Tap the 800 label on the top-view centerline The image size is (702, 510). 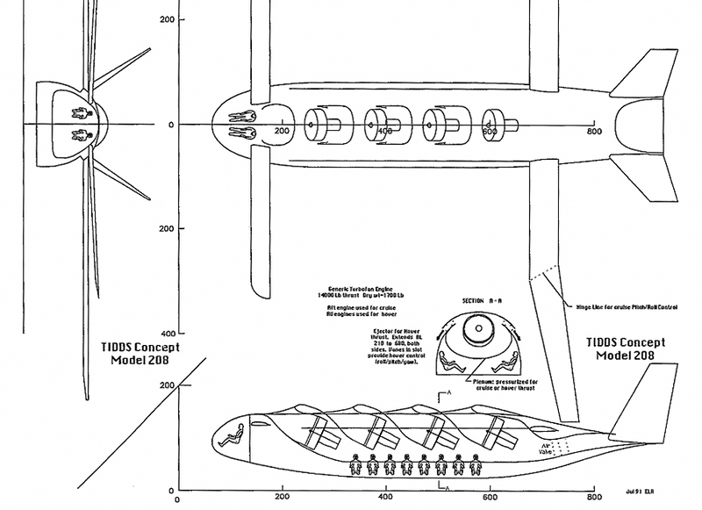[x=594, y=132]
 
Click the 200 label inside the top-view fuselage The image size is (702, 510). [x=282, y=132]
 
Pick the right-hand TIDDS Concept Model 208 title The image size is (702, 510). [x=629, y=348]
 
